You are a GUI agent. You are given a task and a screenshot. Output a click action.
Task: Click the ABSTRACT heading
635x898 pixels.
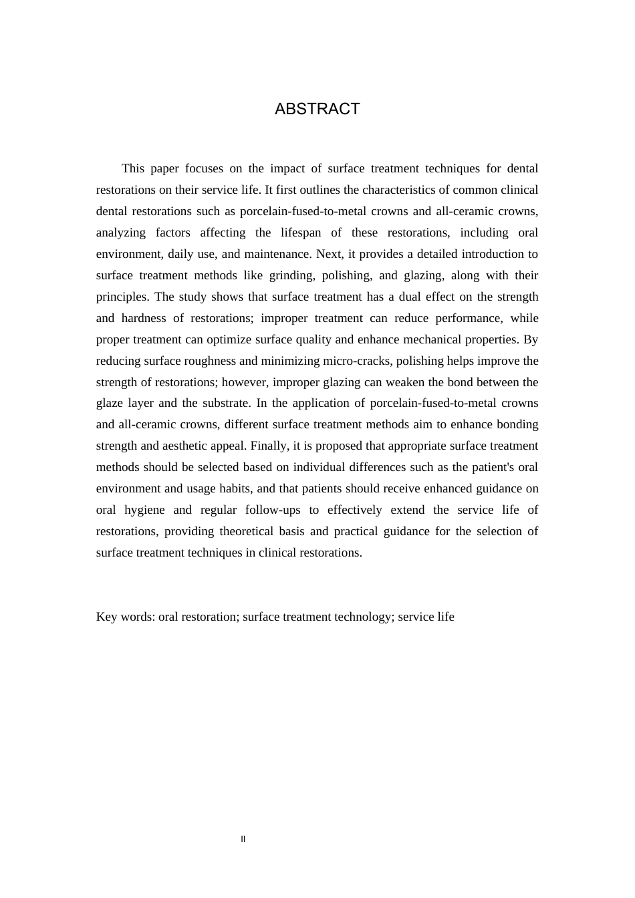pos(317,109)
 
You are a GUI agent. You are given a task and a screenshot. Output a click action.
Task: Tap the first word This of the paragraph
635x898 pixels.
pos(133,168)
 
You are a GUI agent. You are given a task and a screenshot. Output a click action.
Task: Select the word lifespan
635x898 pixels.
pos(297,233)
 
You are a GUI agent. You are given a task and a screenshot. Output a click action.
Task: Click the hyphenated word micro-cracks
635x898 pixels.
pos(356,361)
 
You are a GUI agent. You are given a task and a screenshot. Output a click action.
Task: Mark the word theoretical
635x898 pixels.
pos(274,531)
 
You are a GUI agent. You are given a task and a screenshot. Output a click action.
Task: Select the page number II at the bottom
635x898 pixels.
pos(243,839)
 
